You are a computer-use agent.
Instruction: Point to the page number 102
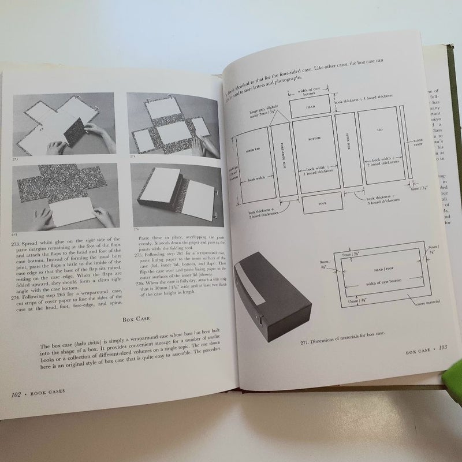[20, 394]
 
